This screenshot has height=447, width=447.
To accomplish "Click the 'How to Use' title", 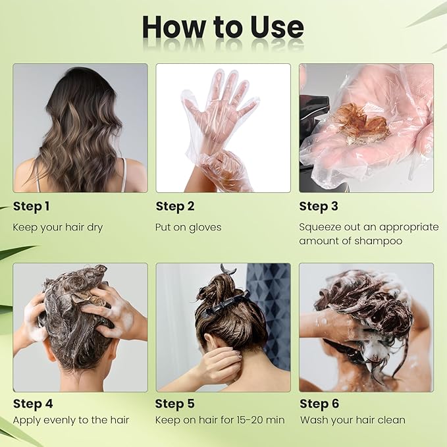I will [x=223, y=28].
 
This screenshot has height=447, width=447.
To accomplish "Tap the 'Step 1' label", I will [x=32, y=207].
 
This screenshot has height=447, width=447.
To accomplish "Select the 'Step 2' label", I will [x=175, y=207].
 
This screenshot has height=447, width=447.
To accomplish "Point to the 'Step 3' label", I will [x=319, y=207].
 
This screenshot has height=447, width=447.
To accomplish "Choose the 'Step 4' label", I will [x=33, y=404].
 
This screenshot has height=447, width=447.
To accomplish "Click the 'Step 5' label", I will [x=175, y=404].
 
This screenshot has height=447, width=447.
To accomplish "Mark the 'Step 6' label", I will [x=319, y=404].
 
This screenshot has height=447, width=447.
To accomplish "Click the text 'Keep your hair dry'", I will [x=58, y=227].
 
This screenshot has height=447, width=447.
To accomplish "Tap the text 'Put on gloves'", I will [x=189, y=227].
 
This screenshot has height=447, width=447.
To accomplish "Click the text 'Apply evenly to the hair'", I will [x=71, y=420].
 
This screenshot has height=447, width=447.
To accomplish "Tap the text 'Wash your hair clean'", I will [x=353, y=420].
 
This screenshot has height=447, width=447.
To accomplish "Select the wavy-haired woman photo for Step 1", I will [x=80, y=128].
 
